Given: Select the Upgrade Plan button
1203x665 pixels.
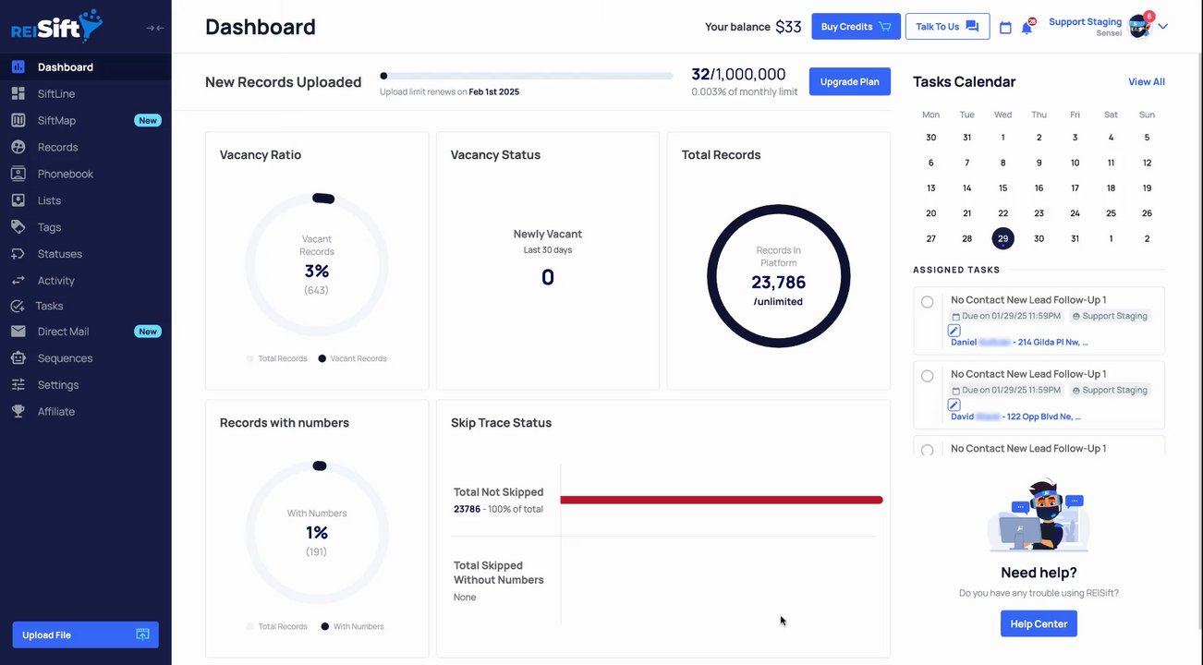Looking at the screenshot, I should click(849, 81).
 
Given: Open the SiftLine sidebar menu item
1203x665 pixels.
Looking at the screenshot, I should click(56, 93).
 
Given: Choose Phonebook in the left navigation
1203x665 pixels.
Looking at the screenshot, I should click(65, 174).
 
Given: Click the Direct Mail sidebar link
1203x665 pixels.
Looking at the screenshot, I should click(63, 332).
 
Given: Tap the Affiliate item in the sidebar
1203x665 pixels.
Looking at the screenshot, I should click(55, 411).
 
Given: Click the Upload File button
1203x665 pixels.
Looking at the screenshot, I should click(85, 635).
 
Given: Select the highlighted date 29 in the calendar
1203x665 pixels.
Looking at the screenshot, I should click(1002, 238).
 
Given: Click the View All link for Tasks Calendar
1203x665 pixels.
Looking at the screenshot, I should click(1146, 82).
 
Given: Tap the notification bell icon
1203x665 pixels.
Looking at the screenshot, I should click(1027, 28).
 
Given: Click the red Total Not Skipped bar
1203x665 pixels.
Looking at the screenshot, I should click(721, 500).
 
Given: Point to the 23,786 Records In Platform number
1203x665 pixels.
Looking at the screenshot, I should click(778, 283).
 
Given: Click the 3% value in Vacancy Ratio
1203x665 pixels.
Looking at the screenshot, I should click(317, 272).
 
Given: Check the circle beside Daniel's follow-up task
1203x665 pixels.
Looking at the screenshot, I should click(928, 302).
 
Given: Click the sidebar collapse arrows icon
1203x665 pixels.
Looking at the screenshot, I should click(155, 28).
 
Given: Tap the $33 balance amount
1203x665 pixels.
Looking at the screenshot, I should click(788, 27).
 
